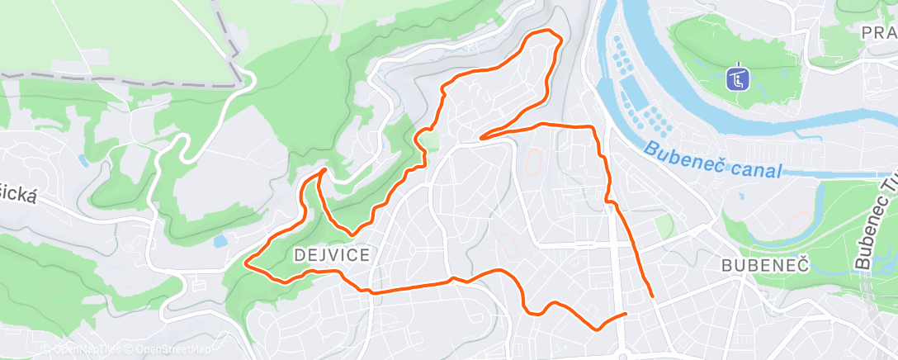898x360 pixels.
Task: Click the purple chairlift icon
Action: (x=736, y=79)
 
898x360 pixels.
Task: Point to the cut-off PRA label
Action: (x=878, y=32)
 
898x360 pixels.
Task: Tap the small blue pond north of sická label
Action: (x=83, y=159)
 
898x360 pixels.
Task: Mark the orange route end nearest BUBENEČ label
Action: (x=653, y=295)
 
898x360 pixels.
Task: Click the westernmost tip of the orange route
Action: (x=247, y=263)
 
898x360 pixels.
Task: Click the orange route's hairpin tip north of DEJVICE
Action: (x=323, y=170)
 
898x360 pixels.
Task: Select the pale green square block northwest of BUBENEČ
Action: (x=664, y=226)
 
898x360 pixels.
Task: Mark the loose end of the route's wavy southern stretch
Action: (x=625, y=314)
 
